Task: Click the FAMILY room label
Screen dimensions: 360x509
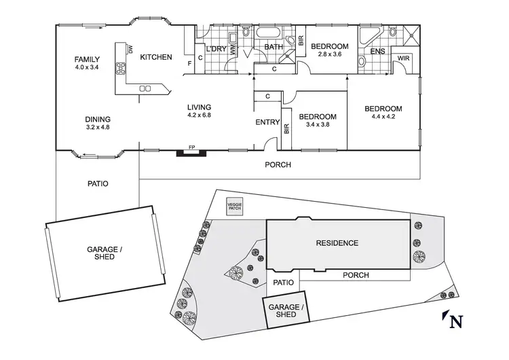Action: (x=87, y=59)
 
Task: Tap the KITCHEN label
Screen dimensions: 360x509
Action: (x=156, y=57)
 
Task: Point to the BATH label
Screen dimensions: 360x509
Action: (x=274, y=47)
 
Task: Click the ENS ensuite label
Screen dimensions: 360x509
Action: (x=378, y=51)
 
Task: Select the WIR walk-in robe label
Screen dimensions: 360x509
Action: (x=403, y=59)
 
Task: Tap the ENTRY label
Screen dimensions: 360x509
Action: (x=267, y=122)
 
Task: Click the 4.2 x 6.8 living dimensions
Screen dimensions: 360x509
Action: (x=200, y=115)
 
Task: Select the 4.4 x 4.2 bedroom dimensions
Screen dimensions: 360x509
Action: (x=383, y=118)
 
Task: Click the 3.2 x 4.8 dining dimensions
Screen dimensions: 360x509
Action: (x=98, y=126)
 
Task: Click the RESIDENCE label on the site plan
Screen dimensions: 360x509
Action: (x=337, y=242)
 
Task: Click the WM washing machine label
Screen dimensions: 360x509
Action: (x=233, y=49)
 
